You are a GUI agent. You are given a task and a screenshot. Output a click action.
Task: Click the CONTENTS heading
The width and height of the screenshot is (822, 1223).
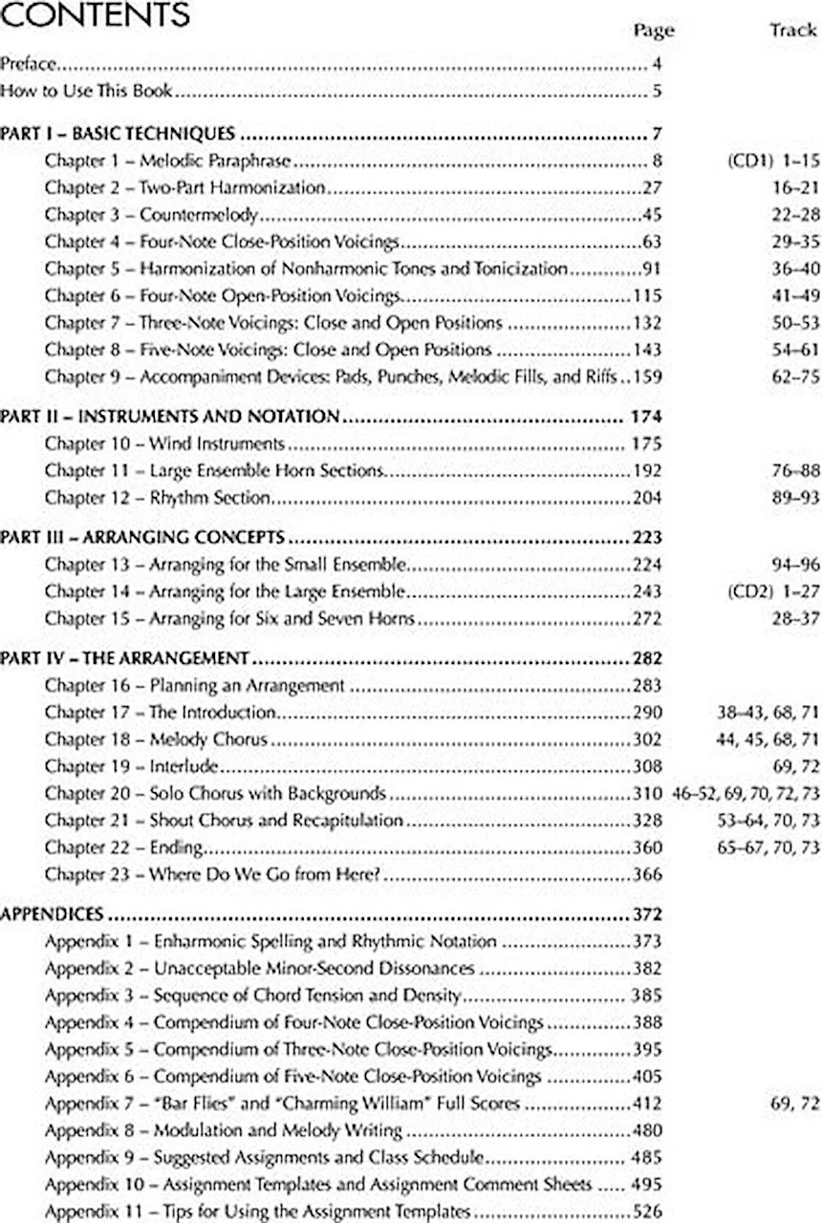[x=95, y=16]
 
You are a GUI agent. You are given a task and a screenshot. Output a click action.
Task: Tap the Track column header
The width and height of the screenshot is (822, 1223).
[x=792, y=31]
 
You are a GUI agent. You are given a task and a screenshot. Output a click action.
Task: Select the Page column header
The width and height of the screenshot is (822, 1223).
[x=654, y=31]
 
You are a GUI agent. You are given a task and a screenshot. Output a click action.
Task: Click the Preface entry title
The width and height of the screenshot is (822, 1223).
[x=30, y=66]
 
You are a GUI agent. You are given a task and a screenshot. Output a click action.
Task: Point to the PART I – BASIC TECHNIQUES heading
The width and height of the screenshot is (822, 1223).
[x=118, y=133]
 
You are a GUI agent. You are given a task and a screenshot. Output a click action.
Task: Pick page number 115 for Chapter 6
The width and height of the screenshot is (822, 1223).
[x=647, y=296]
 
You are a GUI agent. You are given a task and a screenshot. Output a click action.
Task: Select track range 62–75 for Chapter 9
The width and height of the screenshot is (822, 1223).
[x=795, y=376]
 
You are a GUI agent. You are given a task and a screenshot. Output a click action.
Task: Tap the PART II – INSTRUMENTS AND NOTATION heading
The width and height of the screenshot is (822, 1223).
[x=170, y=417]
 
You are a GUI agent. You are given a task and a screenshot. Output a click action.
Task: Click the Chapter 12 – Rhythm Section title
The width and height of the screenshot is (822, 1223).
[x=158, y=498]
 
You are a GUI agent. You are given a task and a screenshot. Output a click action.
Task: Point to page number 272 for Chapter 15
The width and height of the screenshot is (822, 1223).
[x=647, y=618]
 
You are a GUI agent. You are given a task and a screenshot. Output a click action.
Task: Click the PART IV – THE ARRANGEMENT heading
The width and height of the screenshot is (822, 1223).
[x=125, y=658]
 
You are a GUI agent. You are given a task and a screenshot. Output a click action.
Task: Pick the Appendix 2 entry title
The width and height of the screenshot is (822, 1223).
[x=259, y=968]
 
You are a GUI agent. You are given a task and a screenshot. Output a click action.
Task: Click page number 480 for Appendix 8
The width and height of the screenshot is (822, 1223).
[x=647, y=1130]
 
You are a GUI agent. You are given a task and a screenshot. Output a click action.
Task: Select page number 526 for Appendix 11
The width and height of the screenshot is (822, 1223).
[x=647, y=1212]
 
